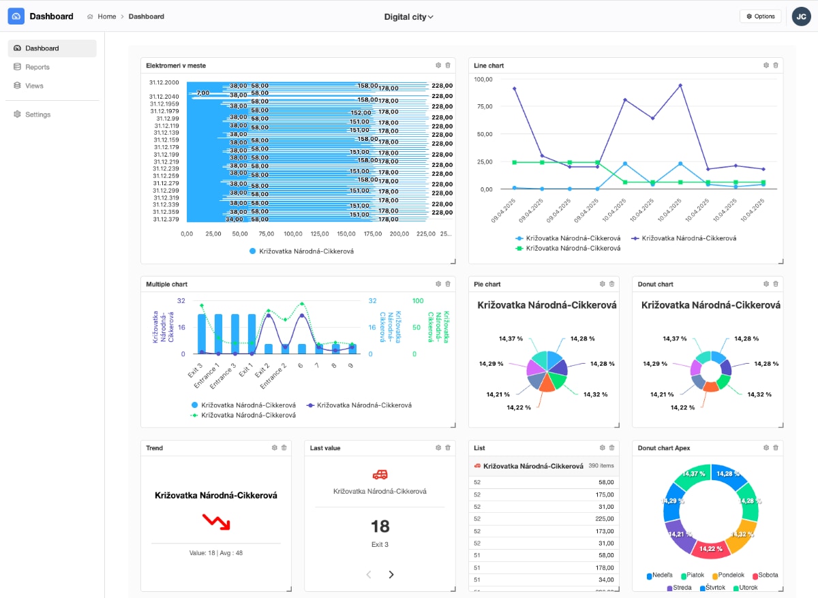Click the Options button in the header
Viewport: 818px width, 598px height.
tap(760, 16)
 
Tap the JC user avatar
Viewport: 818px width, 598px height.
tap(801, 16)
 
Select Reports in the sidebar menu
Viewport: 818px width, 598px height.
tap(37, 67)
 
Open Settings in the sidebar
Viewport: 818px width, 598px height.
tap(37, 114)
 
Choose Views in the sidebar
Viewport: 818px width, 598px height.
tap(34, 86)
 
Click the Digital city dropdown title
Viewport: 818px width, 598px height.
tap(408, 16)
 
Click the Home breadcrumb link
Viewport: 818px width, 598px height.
tap(106, 16)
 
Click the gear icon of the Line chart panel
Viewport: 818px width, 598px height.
tap(766, 65)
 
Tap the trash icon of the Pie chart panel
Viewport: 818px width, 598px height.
tap(611, 284)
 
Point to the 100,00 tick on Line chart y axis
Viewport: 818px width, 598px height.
tap(483, 79)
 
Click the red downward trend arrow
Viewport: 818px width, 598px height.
tap(216, 522)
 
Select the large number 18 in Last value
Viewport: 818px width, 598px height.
tap(380, 526)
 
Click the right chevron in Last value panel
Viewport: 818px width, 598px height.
tap(391, 574)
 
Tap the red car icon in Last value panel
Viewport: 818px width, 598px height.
tap(380, 474)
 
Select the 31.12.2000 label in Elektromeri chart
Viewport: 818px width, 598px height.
tap(164, 82)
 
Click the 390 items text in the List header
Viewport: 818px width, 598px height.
tap(601, 466)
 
